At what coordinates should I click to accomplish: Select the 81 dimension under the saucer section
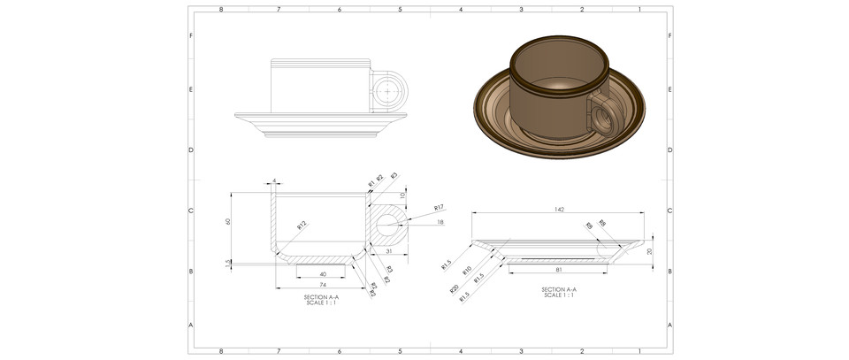tap(559, 268)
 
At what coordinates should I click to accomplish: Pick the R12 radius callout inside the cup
tap(302, 226)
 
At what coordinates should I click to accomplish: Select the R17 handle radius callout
tap(438, 207)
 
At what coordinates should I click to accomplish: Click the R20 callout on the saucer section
tap(454, 287)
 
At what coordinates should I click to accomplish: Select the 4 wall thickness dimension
tap(275, 181)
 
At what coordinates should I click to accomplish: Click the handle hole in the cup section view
tap(389, 226)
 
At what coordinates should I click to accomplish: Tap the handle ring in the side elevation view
tap(389, 90)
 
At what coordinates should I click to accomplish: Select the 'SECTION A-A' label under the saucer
tap(558, 289)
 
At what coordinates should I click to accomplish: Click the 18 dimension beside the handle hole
tap(440, 223)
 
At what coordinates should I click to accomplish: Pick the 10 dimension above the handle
tap(403, 195)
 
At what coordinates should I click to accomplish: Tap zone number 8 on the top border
tap(220, 9)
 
